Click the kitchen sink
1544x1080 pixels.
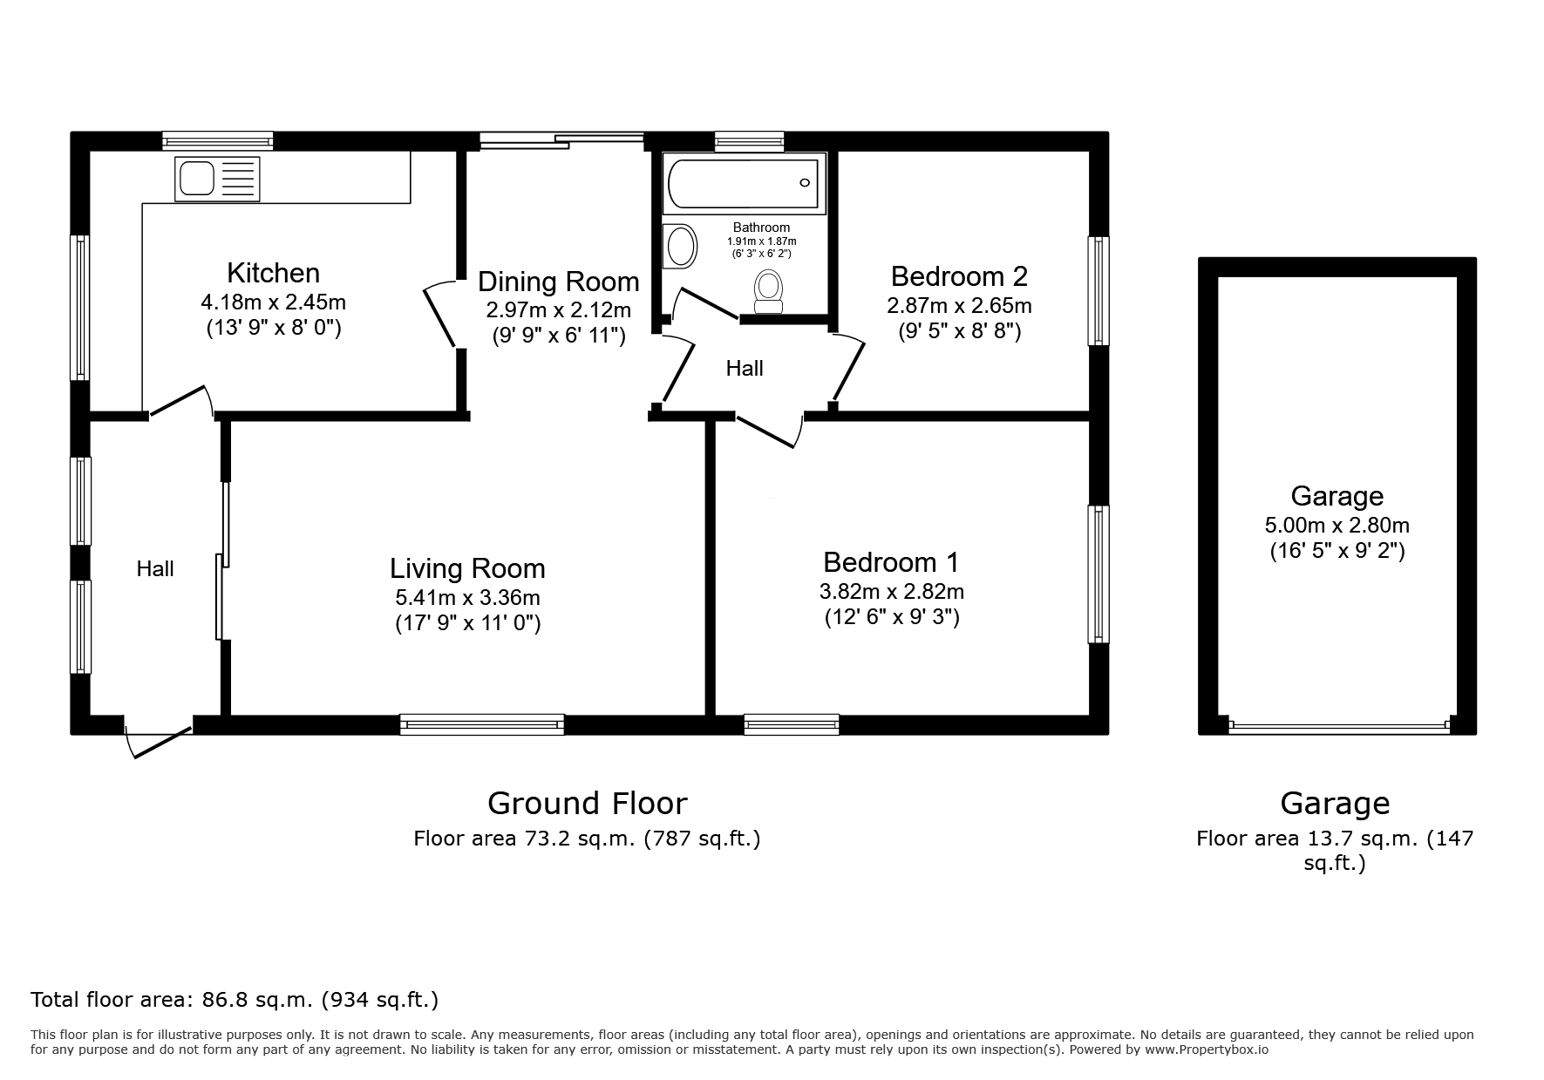217,179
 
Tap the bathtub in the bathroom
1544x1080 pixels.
744,182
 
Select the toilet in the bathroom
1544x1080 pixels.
768,291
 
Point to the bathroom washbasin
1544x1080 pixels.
681,246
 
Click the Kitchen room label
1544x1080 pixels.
273,273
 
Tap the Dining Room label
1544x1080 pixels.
559,282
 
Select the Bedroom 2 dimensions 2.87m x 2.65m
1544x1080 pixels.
959,306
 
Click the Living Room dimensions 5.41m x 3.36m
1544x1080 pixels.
467,598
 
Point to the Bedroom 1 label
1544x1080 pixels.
891,561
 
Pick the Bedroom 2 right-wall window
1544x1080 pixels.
1098,290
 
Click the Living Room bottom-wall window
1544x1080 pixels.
482,723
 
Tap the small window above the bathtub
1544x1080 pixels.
749,141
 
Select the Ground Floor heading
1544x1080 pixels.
587,803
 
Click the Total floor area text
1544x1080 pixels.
235,999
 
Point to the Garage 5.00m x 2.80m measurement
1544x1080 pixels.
1337,526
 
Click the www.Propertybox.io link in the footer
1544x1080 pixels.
1207,1049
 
